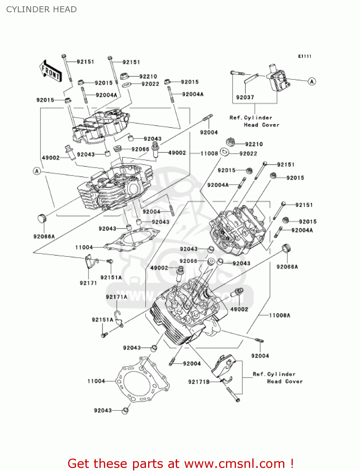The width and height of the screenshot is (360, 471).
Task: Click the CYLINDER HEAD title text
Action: click(41, 9)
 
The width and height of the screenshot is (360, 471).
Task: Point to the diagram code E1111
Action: click(304, 56)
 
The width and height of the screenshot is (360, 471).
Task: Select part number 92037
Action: click(245, 97)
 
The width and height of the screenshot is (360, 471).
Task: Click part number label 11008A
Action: click(279, 315)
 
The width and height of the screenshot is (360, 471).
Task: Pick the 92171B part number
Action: click(199, 382)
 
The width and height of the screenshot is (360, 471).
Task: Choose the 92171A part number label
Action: click(116, 297)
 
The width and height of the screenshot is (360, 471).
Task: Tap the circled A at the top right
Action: click(312, 82)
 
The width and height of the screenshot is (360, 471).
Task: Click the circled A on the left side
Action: click(37, 171)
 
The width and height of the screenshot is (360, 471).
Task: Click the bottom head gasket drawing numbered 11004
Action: click(143, 380)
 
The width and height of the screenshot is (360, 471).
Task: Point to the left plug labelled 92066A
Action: click(42, 218)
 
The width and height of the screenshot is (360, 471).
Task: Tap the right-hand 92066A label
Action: click(287, 267)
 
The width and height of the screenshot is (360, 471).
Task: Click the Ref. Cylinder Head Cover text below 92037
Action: click(254, 121)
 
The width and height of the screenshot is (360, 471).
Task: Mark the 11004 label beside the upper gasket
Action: click(84, 247)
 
